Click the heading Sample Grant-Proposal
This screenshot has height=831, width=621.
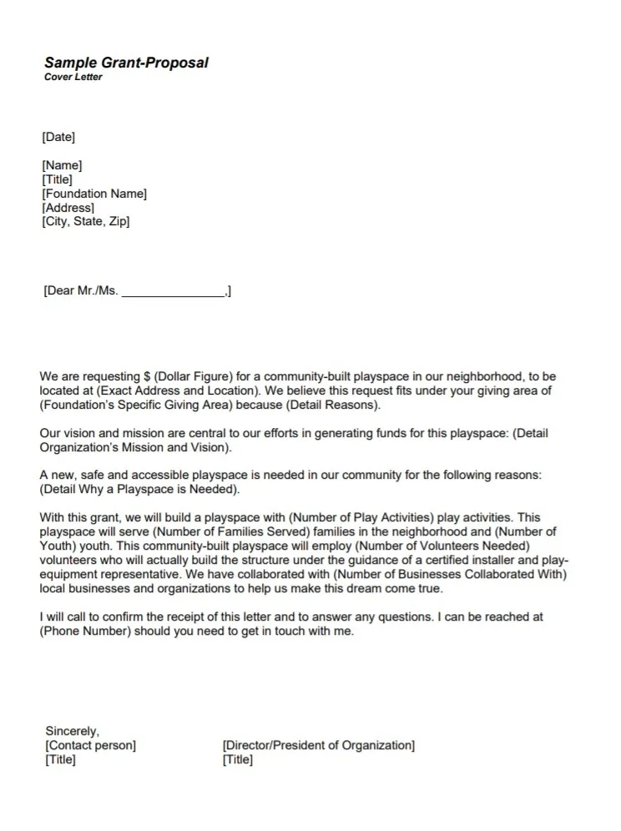tap(126, 63)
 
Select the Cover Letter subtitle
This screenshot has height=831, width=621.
tap(73, 78)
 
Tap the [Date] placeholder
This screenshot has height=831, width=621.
tap(58, 137)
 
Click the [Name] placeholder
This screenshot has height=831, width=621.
tap(62, 165)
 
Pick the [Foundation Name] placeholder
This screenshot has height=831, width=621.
tap(94, 194)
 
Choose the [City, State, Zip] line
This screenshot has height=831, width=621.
tap(86, 222)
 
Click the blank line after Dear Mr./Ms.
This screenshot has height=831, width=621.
tap(173, 292)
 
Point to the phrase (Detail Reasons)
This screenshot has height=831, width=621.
tap(328, 405)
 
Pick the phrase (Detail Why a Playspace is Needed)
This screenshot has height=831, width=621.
tap(139, 489)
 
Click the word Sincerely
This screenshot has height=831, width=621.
tap(73, 731)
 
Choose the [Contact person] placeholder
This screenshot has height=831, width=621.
tap(91, 745)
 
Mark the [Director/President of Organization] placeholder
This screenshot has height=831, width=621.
tap(318, 745)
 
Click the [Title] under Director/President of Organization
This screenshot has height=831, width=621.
tap(238, 760)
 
